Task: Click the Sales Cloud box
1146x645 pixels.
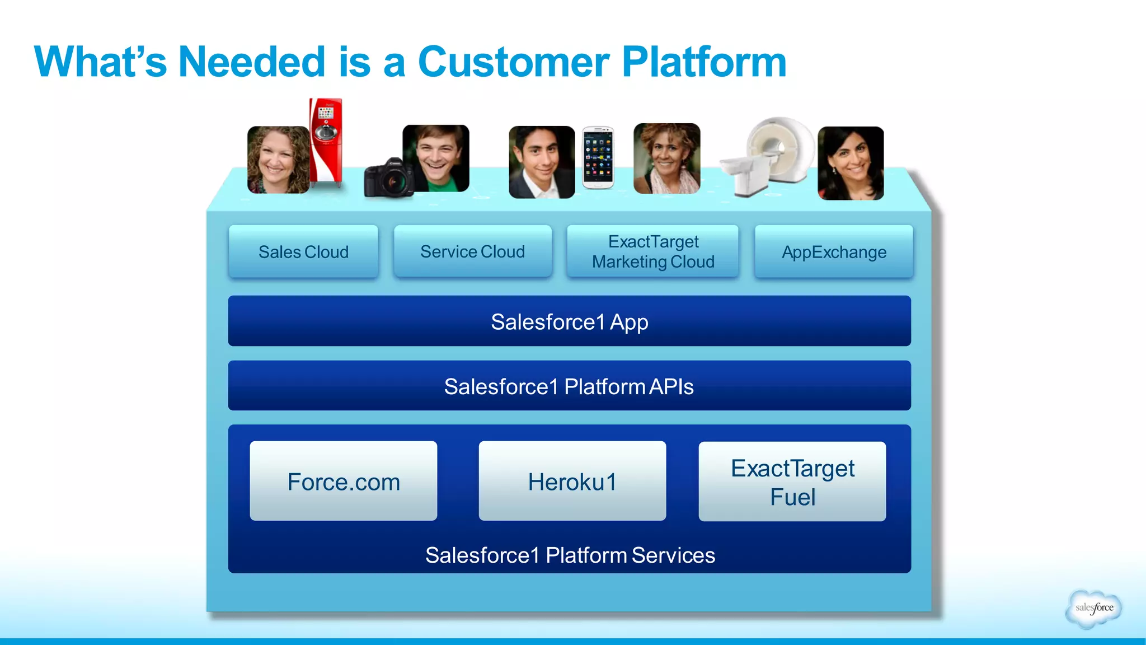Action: pos(303,252)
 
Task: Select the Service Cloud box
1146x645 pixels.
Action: pos(473,252)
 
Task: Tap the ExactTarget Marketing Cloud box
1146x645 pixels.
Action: pos(653,252)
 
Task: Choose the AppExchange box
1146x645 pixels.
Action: pos(834,252)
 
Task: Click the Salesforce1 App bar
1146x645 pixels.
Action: pos(569,321)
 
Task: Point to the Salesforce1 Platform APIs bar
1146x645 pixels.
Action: pos(569,386)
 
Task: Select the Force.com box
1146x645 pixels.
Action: pos(344,482)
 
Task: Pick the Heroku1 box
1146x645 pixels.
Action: pos(572,482)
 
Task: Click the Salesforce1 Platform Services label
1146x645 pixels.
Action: pos(570,555)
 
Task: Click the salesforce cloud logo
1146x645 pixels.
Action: pos(1094,608)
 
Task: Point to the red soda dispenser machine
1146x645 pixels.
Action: pos(326,143)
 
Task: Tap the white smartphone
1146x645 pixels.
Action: pos(598,158)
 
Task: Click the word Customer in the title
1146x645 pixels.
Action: pos(514,62)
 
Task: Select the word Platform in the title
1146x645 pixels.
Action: pos(704,62)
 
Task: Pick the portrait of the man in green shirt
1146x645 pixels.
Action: pos(436,158)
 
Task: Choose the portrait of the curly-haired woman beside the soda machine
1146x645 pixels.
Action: pos(278,160)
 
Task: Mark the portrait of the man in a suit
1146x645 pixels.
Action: pos(541,162)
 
